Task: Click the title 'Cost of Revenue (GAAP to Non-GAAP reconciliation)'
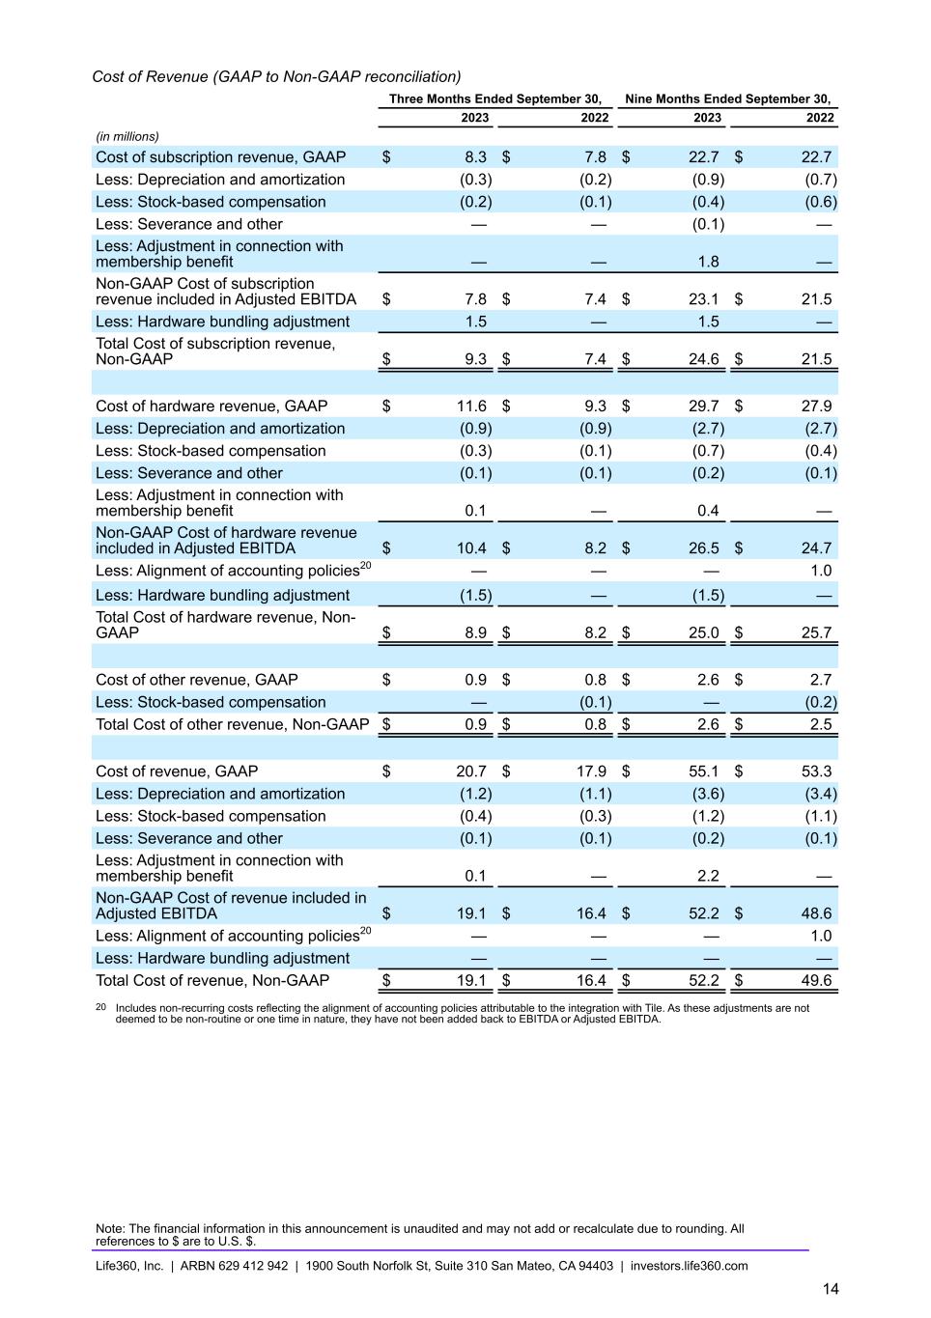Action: click(x=276, y=76)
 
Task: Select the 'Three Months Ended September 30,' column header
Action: click(x=494, y=98)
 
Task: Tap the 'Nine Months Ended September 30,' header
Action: click(x=727, y=98)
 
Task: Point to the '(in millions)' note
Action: click(x=127, y=136)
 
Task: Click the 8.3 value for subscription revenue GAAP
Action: click(x=475, y=157)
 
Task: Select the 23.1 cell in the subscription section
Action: click(x=707, y=299)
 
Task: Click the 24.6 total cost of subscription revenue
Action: click(x=707, y=359)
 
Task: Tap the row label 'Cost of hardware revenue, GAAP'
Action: click(x=212, y=407)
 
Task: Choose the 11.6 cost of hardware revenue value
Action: click(x=471, y=407)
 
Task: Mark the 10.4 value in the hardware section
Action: click(x=471, y=548)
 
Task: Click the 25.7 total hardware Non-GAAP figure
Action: click(x=816, y=633)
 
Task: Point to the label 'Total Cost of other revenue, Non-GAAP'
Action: click(x=233, y=725)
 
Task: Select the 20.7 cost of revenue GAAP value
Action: click(x=471, y=771)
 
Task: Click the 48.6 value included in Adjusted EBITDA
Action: click(x=816, y=913)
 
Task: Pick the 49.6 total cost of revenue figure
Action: click(x=816, y=981)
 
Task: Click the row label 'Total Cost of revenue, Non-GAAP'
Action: click(x=212, y=981)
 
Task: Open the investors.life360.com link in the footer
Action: click(x=689, y=1266)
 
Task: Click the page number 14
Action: click(x=831, y=1289)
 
